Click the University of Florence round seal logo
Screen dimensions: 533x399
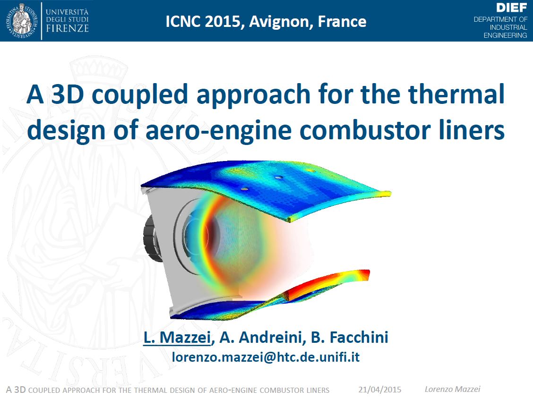(x=21, y=21)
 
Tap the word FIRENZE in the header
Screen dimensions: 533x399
(x=67, y=28)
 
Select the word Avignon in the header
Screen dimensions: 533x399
(x=281, y=22)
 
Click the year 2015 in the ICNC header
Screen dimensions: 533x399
(x=222, y=21)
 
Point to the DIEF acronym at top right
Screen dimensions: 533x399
(x=511, y=8)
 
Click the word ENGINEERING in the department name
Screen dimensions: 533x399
(x=505, y=35)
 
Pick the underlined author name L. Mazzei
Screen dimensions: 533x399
(x=177, y=337)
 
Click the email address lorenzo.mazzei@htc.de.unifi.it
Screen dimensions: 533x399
(x=266, y=357)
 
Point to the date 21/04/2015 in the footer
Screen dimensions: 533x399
(x=380, y=390)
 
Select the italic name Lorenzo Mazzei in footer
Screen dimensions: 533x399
(x=453, y=389)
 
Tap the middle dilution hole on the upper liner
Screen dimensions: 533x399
(x=278, y=177)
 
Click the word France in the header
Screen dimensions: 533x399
(x=342, y=21)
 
